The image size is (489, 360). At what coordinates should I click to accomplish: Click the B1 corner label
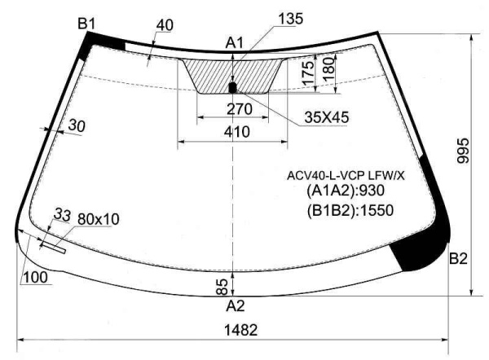coord(86,24)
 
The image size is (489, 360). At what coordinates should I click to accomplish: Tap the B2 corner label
coord(458,258)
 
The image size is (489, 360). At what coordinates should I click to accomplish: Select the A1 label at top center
coord(234,42)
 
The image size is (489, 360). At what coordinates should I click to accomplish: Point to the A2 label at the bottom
coord(236,305)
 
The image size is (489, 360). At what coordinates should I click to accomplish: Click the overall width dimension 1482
coord(241,330)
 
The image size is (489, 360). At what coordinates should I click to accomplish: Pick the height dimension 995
coord(463,151)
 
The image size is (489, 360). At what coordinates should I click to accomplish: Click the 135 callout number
coord(290,19)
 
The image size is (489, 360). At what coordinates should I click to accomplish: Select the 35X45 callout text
coord(327,117)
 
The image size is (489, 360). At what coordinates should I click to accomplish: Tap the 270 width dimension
coord(239,109)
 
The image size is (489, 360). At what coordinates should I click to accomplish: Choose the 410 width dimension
coord(237,132)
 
